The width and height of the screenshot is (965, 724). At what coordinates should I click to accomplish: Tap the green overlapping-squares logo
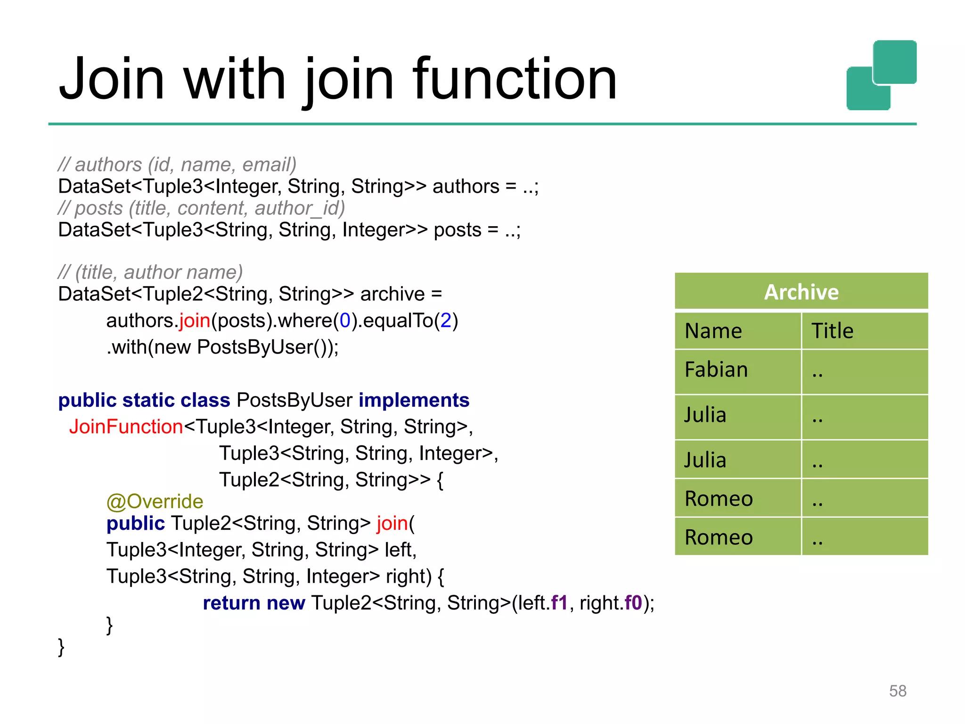coord(881,75)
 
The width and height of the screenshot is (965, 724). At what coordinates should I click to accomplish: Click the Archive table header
coord(801,292)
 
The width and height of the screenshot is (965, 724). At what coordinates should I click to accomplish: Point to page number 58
coord(897,691)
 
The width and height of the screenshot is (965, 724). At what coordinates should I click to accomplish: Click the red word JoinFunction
coord(126,427)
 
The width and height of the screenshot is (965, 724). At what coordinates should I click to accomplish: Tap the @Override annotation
coord(155,501)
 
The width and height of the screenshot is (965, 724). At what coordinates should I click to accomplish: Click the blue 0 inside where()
coord(345,321)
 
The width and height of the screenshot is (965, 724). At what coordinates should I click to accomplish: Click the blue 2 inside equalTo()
coord(446,321)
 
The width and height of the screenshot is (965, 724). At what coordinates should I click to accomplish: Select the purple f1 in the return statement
coord(559,603)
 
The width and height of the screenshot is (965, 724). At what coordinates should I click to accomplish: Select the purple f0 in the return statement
coord(633,603)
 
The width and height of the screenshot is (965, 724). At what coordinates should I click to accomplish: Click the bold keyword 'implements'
coord(414,400)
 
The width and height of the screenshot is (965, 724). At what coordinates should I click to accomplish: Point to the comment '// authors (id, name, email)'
coord(177,165)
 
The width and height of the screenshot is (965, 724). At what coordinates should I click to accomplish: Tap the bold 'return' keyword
coord(231,603)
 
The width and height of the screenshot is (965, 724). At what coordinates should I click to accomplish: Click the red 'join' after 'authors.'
coord(194,321)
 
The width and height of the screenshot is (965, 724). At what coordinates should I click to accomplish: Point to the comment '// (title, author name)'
coord(150,272)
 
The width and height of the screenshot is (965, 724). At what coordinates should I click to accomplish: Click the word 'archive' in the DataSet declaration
coord(393,294)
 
